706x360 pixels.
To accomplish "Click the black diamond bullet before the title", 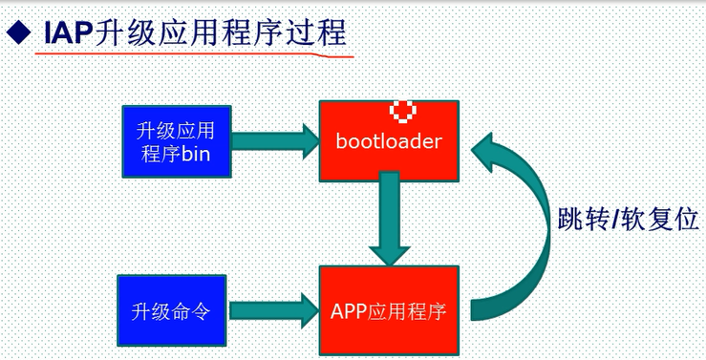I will [x=18, y=35].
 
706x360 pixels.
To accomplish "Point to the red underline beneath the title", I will [x=191, y=57].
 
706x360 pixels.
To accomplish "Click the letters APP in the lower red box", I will [x=350, y=310].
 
